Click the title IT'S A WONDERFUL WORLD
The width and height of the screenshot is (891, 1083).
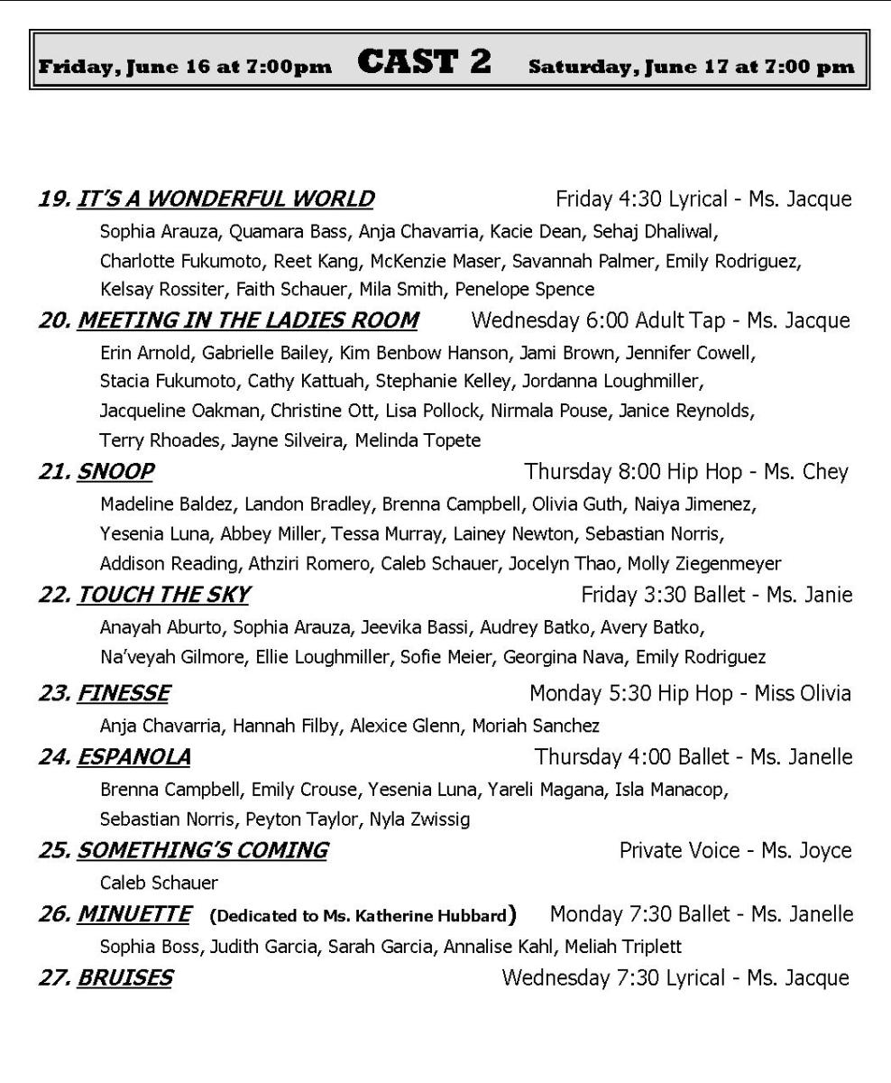click(x=225, y=199)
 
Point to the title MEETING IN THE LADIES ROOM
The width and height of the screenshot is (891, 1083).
click(x=247, y=320)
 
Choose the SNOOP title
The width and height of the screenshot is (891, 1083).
click(x=115, y=471)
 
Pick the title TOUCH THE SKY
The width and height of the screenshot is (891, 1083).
click(x=163, y=595)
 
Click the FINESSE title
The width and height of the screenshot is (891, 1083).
click(x=124, y=693)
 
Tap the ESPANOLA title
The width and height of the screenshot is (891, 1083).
click(x=133, y=756)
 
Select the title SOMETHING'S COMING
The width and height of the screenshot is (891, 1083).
click(x=202, y=850)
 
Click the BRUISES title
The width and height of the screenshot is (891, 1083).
click(x=124, y=977)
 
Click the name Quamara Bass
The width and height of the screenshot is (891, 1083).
click(x=288, y=232)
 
